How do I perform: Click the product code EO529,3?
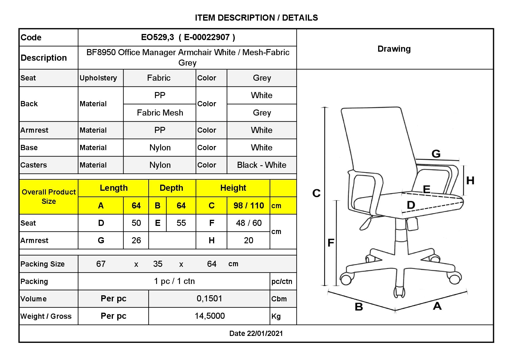[x=157, y=37]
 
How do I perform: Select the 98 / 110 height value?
[x=249, y=206]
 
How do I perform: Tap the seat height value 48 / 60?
[x=249, y=223]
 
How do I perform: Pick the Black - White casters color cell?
[x=261, y=165]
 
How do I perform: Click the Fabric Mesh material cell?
[x=160, y=113]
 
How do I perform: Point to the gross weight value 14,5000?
[x=210, y=316]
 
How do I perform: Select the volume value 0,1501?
[x=210, y=298]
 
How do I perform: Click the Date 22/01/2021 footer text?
[x=256, y=333]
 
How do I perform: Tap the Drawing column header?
[x=394, y=49]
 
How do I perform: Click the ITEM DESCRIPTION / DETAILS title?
[x=257, y=18]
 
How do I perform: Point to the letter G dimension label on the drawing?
[x=436, y=153]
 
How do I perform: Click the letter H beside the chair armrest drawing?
[x=470, y=181]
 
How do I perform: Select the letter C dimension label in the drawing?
[x=316, y=193]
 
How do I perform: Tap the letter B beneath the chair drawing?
[x=359, y=307]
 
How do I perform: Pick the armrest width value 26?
[x=136, y=240]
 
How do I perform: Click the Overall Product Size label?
[x=49, y=197]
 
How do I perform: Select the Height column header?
[x=233, y=188]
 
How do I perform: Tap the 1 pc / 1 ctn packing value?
[x=174, y=281]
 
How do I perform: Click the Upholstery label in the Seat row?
[x=98, y=78]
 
